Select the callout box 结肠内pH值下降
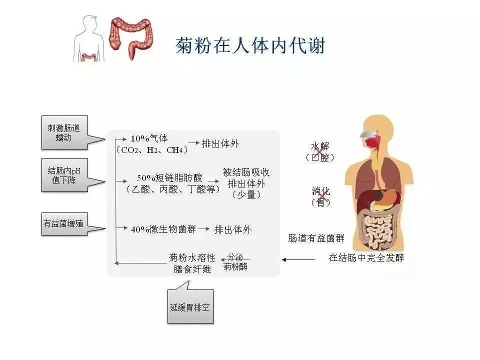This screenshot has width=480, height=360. pyautogui.click(x=63, y=175)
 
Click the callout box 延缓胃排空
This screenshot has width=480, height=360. pyautogui.click(x=190, y=306)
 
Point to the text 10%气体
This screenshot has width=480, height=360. pyautogui.click(x=149, y=138)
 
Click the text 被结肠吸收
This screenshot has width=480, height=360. pyautogui.click(x=246, y=172)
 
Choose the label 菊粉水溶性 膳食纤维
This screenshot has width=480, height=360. pyautogui.click(x=192, y=263)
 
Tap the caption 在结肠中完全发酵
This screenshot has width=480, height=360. pyautogui.click(x=366, y=258)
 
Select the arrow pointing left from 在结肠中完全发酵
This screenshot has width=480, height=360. pyautogui.click(x=298, y=259)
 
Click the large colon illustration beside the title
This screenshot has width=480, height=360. pyautogui.click(x=131, y=37)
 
